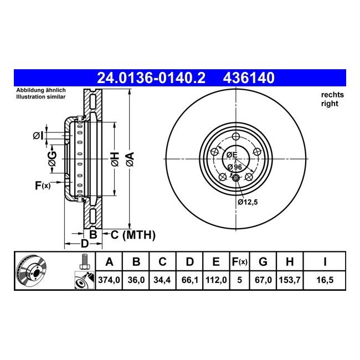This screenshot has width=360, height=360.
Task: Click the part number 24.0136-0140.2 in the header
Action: (151, 78)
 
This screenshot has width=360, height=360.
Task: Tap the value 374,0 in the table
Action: (109, 280)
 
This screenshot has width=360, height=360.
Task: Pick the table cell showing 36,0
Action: (136, 280)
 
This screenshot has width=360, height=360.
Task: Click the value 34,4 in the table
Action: (163, 280)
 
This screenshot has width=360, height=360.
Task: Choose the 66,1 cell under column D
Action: (189, 280)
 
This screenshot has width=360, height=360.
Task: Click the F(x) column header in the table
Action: (239, 261)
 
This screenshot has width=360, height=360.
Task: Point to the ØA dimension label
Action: (130, 160)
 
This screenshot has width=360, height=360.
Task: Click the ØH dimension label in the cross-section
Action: (114, 160)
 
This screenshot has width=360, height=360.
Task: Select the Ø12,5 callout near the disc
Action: (248, 202)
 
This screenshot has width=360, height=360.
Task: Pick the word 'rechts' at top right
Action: (332, 95)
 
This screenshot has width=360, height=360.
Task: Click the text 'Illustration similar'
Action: (41, 96)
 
